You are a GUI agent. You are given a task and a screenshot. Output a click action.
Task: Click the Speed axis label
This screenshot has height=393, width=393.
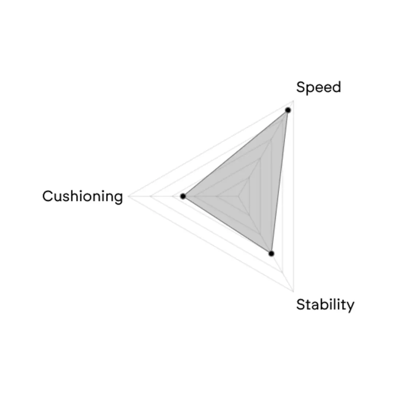click(318, 87)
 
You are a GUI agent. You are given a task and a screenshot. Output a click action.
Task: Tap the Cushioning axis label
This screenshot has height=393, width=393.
click(83, 196)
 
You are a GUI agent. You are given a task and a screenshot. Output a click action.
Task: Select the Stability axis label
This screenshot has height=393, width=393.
click(325, 305)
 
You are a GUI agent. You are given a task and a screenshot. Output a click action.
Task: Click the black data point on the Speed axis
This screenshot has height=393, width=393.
click(288, 110)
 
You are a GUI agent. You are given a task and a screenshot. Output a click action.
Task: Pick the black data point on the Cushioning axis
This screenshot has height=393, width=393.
click(183, 196)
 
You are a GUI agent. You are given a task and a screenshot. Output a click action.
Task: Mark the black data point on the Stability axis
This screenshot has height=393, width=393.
click(271, 254)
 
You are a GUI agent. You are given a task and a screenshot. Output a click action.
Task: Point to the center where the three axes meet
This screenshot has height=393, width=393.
click(238, 196)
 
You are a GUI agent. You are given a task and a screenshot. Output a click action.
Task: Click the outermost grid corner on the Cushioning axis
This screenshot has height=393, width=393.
click(128, 196)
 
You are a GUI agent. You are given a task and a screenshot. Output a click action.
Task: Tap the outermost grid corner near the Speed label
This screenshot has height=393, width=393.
click(293, 101)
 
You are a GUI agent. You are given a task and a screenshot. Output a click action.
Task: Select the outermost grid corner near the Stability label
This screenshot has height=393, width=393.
click(293, 291)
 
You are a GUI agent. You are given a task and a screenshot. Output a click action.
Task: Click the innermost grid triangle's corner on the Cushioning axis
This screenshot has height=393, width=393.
click(216, 196)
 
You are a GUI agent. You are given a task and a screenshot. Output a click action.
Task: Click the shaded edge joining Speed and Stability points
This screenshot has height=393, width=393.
click(280, 182)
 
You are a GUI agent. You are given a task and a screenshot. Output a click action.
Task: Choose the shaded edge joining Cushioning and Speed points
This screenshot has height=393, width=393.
click(235, 153)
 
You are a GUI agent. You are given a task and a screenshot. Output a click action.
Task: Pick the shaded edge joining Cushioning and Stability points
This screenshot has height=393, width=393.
click(227, 225)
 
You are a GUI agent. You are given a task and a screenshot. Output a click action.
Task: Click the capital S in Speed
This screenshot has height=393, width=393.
click(301, 87)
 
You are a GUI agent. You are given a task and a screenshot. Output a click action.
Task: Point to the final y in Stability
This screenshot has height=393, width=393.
click(351, 307)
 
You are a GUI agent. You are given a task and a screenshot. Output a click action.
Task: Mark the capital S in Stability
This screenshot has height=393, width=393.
click(301, 305)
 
